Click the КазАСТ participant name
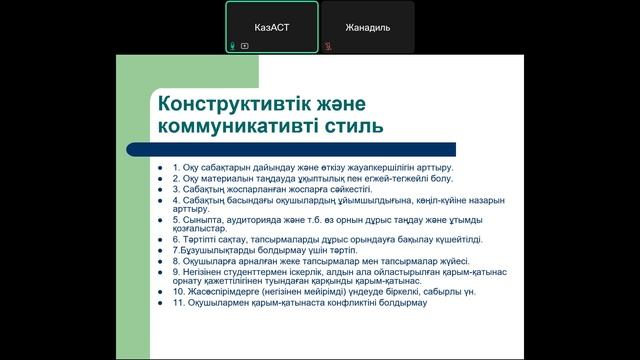271,29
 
